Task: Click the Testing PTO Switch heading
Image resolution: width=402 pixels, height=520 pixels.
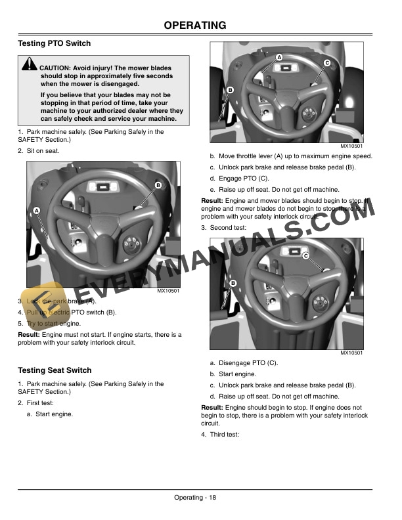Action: click(55, 43)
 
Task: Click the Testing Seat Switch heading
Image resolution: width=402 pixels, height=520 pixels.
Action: click(55, 370)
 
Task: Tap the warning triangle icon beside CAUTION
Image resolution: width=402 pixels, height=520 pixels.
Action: click(29, 64)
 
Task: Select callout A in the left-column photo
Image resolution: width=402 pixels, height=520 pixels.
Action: click(36, 209)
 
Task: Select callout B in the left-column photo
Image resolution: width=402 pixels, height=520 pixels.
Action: click(158, 186)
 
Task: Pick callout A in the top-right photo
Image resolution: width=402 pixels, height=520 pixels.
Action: click(279, 58)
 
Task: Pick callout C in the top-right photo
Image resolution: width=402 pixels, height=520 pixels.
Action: click(326, 62)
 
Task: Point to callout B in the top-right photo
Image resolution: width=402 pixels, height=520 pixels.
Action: click(231, 89)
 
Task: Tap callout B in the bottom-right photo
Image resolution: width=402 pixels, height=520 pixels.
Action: click(233, 283)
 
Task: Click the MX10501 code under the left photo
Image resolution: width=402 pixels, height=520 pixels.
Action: click(168, 291)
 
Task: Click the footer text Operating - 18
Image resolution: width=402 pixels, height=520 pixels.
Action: click(195, 498)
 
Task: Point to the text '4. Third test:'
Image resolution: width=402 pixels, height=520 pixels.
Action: click(220, 434)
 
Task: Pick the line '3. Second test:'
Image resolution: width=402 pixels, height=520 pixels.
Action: click(224, 227)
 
